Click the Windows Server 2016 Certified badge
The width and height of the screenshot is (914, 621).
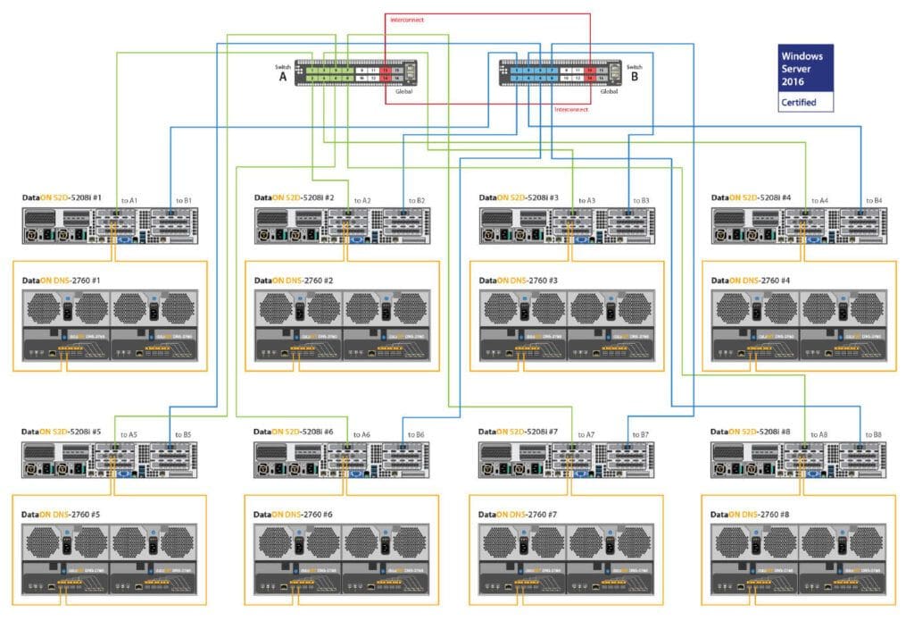tap(804, 78)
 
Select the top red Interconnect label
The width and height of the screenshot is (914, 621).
tap(407, 18)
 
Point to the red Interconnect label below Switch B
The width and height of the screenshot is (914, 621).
tap(571, 109)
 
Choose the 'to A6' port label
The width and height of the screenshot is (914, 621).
tap(361, 434)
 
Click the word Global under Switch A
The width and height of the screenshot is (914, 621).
tap(403, 91)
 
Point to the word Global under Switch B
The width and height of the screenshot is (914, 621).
tap(609, 91)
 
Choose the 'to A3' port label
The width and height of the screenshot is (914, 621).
tap(586, 200)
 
